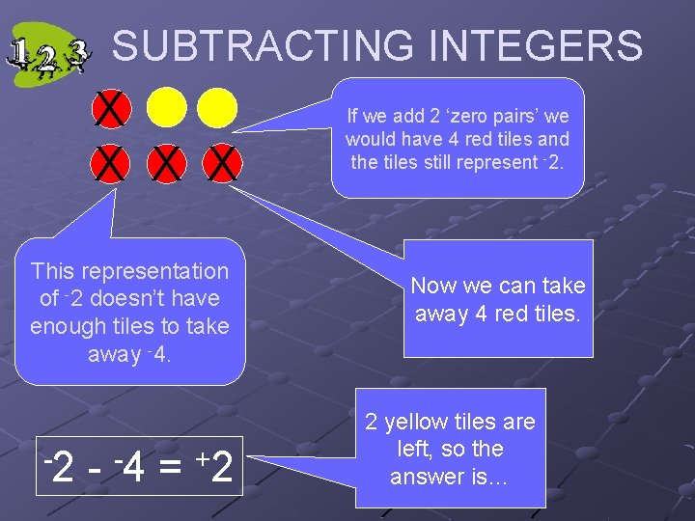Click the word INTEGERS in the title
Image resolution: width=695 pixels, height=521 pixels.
(x=536, y=46)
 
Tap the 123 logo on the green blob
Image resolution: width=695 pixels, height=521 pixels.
(x=48, y=56)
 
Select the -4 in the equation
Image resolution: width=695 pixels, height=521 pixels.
(x=129, y=468)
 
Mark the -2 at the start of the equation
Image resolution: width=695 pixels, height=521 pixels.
(x=60, y=468)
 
